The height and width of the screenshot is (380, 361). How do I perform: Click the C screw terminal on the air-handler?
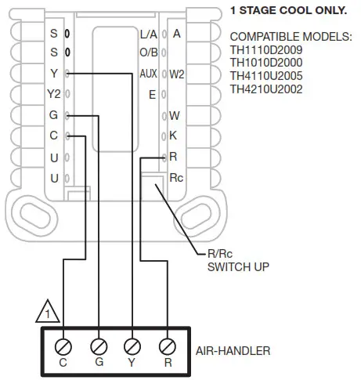tap(63, 345)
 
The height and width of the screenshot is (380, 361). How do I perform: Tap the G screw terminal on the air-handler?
tap(98, 345)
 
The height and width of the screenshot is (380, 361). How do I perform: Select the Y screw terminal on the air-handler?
tap(132, 345)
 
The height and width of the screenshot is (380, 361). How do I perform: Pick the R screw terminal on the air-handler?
tap(167, 345)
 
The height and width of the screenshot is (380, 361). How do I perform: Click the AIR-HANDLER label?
tap(233, 350)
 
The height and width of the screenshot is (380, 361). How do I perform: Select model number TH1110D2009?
tap(266, 51)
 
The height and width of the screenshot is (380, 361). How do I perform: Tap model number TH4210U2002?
tap(266, 89)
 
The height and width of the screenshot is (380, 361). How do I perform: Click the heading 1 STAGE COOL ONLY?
tap(287, 11)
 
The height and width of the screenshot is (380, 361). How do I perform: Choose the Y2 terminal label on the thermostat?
tap(53, 94)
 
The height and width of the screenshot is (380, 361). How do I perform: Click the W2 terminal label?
tap(177, 74)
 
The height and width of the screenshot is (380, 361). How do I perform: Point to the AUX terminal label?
tap(148, 74)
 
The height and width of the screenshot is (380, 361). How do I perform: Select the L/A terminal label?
tap(148, 34)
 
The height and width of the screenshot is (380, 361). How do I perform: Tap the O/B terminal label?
tap(148, 53)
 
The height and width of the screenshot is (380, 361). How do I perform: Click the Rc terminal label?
tap(176, 177)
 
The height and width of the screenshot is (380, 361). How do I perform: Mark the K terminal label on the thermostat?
tap(173, 136)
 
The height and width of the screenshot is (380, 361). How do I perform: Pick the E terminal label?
tap(152, 95)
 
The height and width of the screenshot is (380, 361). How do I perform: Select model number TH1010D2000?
tap(266, 63)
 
